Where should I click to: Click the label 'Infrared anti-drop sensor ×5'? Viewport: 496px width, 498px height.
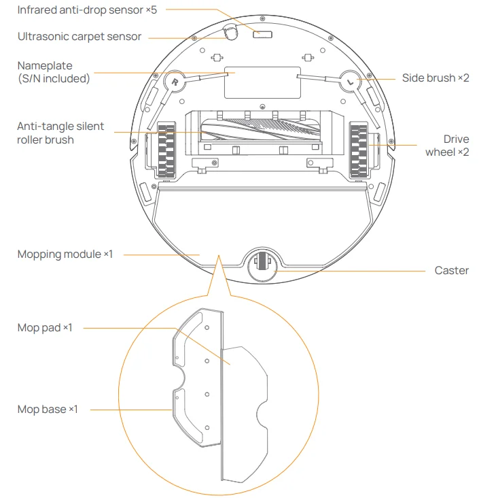point(87,10)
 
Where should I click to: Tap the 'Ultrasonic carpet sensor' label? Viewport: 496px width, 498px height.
point(79,36)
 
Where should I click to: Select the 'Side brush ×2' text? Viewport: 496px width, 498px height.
point(436,78)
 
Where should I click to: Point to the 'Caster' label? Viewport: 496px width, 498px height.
point(451,270)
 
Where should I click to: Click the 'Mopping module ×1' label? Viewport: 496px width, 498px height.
point(65,254)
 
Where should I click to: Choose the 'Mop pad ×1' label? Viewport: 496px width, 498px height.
point(44,328)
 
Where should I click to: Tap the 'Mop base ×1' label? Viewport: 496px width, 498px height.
point(48,410)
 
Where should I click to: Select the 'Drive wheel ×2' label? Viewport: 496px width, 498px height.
point(447,146)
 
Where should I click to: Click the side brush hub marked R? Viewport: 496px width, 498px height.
point(175,81)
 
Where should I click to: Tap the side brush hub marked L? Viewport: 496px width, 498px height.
point(350,81)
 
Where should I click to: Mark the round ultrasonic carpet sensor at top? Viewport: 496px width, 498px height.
point(229,31)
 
